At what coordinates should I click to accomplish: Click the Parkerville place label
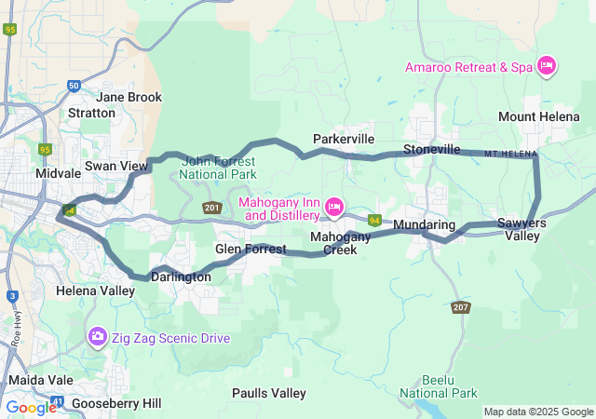click(x=344, y=139)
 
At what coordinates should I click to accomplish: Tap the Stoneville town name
click(x=431, y=149)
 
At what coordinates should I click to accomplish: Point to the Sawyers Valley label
click(x=521, y=229)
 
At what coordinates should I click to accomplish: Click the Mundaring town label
click(x=424, y=225)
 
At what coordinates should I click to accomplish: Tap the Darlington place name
click(x=182, y=277)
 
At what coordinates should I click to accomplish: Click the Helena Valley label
click(x=97, y=291)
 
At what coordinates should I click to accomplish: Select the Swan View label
click(x=116, y=166)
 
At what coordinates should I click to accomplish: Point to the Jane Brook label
click(x=129, y=97)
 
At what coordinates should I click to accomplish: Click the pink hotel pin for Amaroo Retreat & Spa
click(x=548, y=65)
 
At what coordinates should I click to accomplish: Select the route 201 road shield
click(x=211, y=207)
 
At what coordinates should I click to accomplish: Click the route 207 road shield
click(x=461, y=306)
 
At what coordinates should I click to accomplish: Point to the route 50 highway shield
click(x=74, y=87)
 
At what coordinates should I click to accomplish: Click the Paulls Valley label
click(x=268, y=393)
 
